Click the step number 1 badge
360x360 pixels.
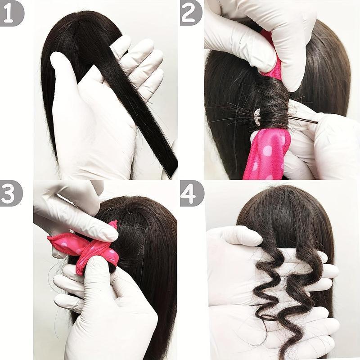pyautogui.click(x=11, y=13)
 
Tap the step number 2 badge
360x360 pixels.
pyautogui.click(x=191, y=13)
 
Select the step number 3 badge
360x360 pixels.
pyautogui.click(x=11, y=193)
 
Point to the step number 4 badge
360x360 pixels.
pyautogui.click(x=191, y=193)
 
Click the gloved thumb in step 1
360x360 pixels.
pyautogui.click(x=67, y=76)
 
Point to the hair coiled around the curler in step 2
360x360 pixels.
pyautogui.click(x=272, y=108)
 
